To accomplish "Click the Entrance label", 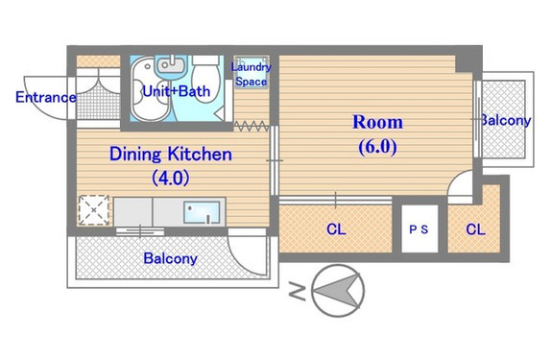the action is (x=46, y=97).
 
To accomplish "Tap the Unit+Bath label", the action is (x=177, y=91).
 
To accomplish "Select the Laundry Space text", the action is (x=251, y=74).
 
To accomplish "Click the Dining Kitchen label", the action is (x=171, y=155).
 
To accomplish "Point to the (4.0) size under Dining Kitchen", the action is (x=171, y=178).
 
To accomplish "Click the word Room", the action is (x=377, y=122).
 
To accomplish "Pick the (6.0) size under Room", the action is (x=377, y=146).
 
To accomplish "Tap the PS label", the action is (x=419, y=229).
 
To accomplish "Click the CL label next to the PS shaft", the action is (x=475, y=229).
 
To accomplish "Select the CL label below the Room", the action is (x=336, y=229).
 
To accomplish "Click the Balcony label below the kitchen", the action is (x=170, y=258).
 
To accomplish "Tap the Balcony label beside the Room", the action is (x=506, y=120).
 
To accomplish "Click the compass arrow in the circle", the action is (x=339, y=291).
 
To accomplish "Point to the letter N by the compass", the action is (x=298, y=291).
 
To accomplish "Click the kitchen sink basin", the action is (x=202, y=212).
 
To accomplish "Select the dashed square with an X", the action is (x=94, y=210).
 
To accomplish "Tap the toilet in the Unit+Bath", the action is (x=206, y=79).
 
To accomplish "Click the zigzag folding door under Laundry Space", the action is (x=252, y=126).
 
